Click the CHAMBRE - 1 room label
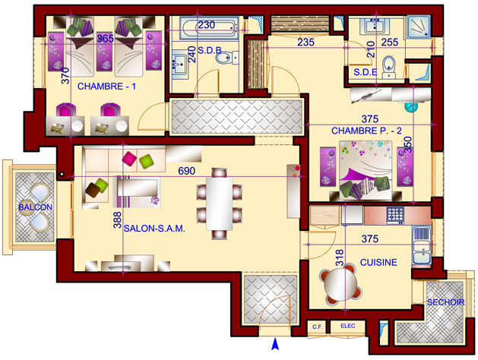[106, 87]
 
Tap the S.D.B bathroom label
[210, 50]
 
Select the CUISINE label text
[378, 262]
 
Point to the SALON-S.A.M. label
[154, 229]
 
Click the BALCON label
[36, 207]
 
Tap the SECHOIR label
[445, 302]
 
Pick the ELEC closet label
[348, 326]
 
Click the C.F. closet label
[318, 327]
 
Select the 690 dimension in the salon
[187, 171]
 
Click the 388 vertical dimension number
[117, 220]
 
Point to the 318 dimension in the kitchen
[340, 257]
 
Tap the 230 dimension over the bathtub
[207, 24]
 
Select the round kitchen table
[340, 285]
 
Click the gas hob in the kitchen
[395, 215]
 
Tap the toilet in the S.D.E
[388, 67]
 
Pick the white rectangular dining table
[219, 204]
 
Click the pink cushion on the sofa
[129, 159]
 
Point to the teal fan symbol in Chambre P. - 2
[410, 106]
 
